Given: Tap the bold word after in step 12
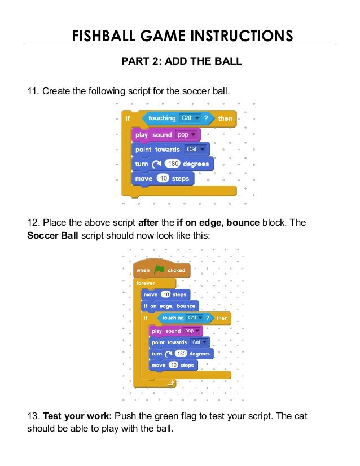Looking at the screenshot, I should point(148,222).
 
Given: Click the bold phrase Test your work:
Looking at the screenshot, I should point(78,416).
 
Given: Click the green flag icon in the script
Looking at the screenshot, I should point(159,270).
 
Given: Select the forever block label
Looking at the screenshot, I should point(146,283).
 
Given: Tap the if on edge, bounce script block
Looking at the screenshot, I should point(169,306).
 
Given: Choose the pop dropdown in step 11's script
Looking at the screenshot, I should point(186,135).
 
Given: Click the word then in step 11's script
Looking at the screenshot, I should point(225,118).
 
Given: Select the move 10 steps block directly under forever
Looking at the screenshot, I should point(165,294).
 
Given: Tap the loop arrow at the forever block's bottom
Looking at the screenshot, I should point(171,384).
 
